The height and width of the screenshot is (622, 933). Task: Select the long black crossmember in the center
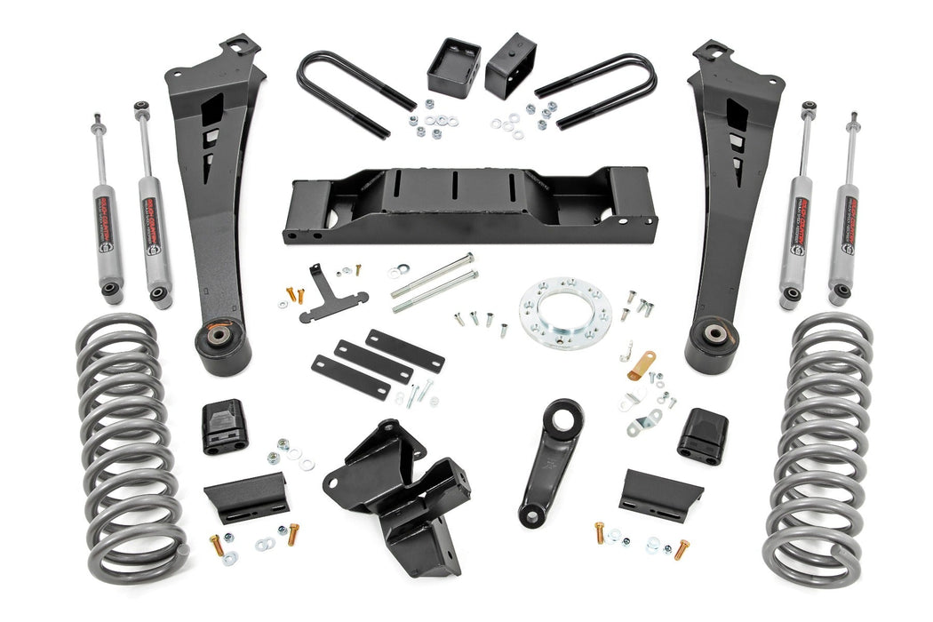tap(468, 206)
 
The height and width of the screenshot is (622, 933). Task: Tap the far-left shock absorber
tap(108, 213)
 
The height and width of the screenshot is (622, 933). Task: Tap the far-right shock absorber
tap(842, 213)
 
